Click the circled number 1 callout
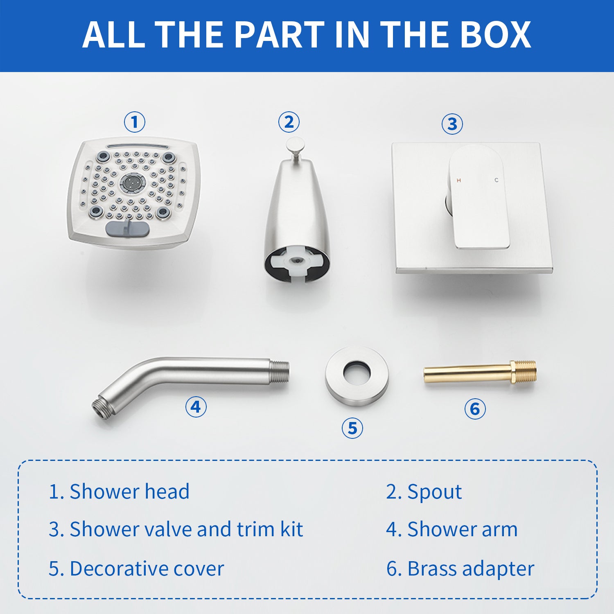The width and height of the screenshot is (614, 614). point(135,122)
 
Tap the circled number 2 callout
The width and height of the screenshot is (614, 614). point(289,122)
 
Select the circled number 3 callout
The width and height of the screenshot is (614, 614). point(452,124)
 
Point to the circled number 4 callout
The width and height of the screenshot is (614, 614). point(196,407)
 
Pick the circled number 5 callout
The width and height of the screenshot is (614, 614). point(352,428)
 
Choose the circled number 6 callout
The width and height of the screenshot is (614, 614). point(475,409)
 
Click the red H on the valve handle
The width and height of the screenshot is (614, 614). point(458,180)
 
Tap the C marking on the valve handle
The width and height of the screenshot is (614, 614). point(497,180)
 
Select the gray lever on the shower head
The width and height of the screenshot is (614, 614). point(127,228)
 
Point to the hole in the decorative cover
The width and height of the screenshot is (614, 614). point(357,372)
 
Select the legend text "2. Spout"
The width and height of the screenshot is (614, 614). point(424,492)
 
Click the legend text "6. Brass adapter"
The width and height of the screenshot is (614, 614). point(460,569)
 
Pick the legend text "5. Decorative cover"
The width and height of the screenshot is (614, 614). point(136,569)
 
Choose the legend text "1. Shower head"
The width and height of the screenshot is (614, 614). point(119,491)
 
